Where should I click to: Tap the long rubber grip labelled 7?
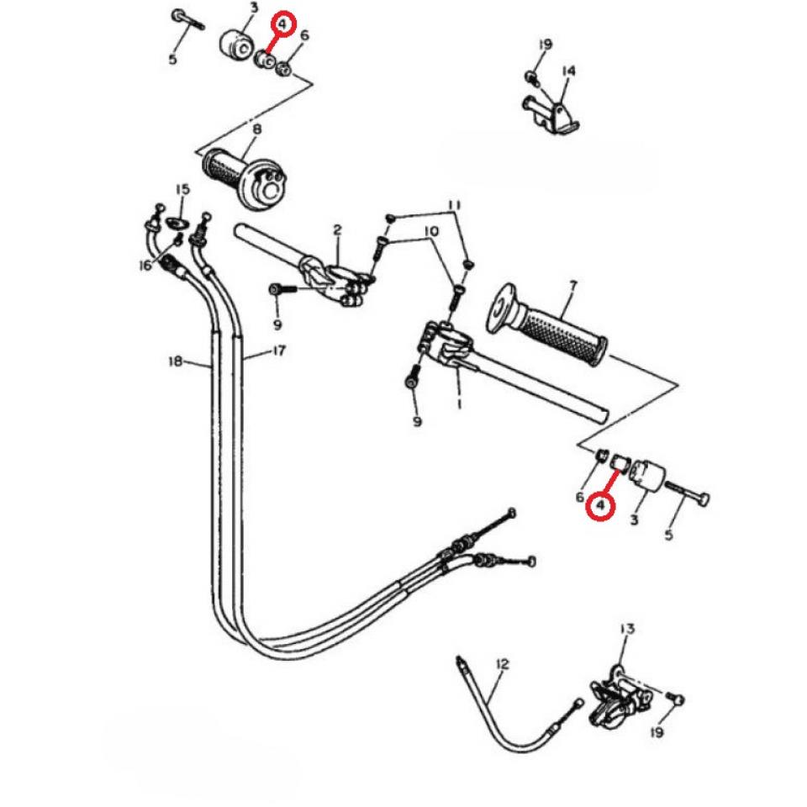(x=558, y=333)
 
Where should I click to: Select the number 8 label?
(x=256, y=129)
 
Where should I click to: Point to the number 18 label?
(x=175, y=361)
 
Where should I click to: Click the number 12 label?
(x=503, y=665)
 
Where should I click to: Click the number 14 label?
(x=568, y=71)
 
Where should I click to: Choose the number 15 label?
(x=182, y=189)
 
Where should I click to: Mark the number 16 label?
(x=145, y=265)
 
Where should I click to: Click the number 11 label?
(x=454, y=205)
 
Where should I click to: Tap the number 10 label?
(x=430, y=230)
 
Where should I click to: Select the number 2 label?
(x=337, y=229)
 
